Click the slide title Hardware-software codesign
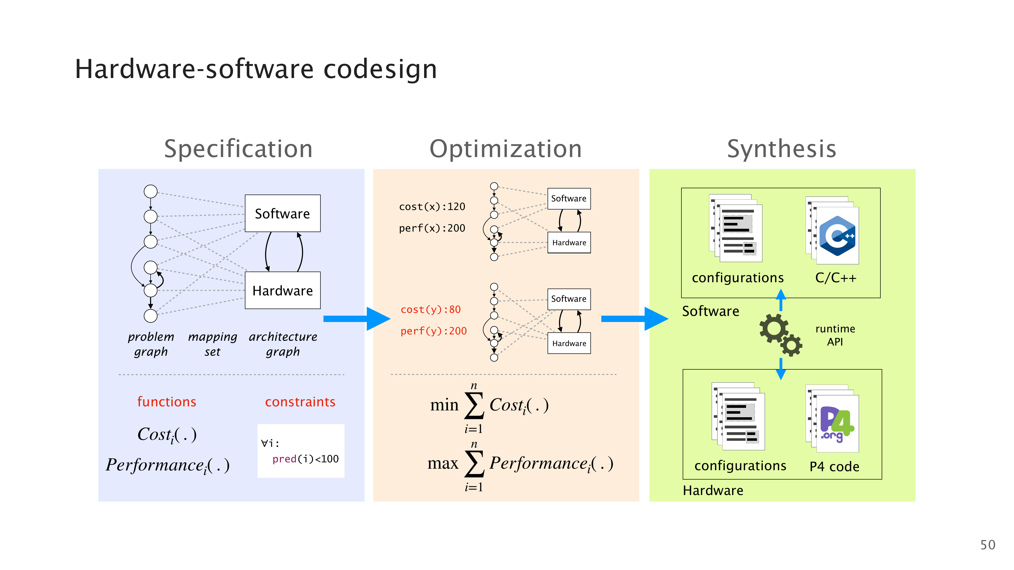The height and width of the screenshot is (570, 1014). tap(256, 69)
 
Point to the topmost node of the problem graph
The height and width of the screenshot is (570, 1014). tap(150, 192)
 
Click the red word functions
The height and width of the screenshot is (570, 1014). tap(167, 402)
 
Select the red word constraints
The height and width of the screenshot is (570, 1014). tap(300, 402)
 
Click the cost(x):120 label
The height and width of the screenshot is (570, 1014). tap(432, 206)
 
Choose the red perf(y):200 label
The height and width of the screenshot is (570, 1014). tap(433, 331)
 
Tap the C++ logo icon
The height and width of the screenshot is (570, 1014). tap(837, 236)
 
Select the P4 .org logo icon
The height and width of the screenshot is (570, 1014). tap(837, 424)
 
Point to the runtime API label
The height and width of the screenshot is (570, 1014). tap(835, 335)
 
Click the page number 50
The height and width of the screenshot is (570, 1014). tap(987, 545)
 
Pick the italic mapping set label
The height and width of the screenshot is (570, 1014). tap(213, 344)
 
